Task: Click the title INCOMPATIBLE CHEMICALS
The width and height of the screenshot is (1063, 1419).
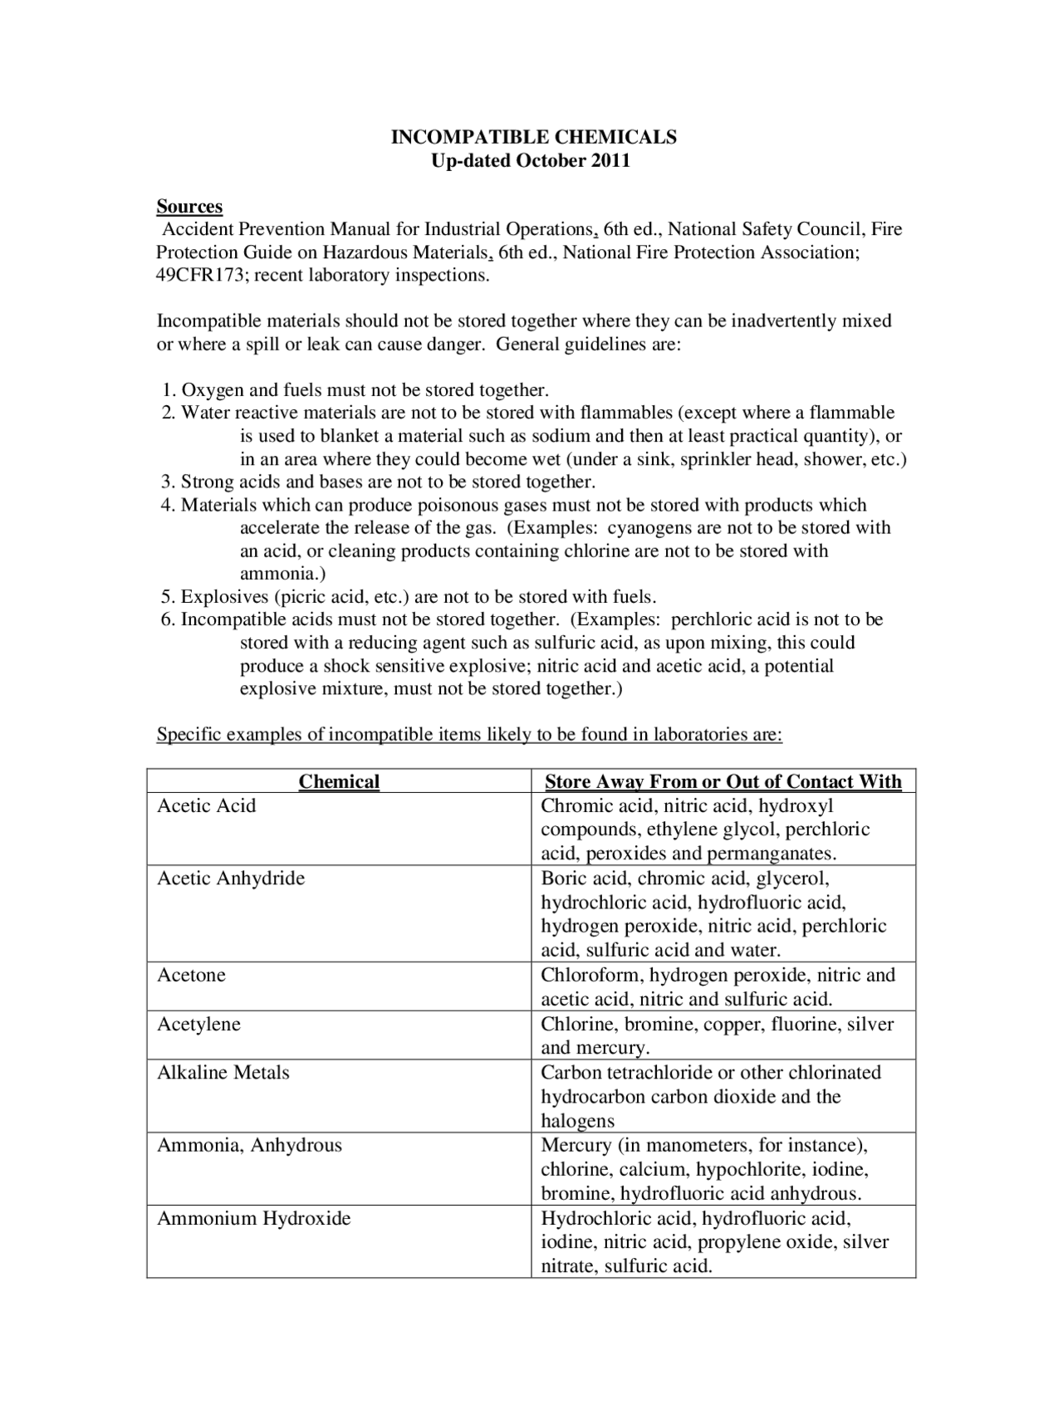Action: (533, 137)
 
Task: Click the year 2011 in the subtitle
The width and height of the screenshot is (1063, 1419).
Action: (610, 160)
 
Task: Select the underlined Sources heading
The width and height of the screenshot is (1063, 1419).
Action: (189, 206)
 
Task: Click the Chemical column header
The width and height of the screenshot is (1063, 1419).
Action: (339, 781)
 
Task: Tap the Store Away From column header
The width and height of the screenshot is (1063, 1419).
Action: (723, 781)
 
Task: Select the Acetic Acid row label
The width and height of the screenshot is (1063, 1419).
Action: (207, 805)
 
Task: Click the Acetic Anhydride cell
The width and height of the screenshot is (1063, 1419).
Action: (231, 878)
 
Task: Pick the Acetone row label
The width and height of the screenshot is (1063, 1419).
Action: (191, 975)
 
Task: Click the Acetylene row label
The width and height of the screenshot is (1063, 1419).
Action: (198, 1024)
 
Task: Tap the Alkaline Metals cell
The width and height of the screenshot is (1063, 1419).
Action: (223, 1072)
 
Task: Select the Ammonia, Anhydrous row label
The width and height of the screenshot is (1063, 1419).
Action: (249, 1145)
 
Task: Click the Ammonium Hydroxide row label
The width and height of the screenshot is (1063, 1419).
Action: (254, 1218)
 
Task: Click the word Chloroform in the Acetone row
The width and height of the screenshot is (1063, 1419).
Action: (592, 975)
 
